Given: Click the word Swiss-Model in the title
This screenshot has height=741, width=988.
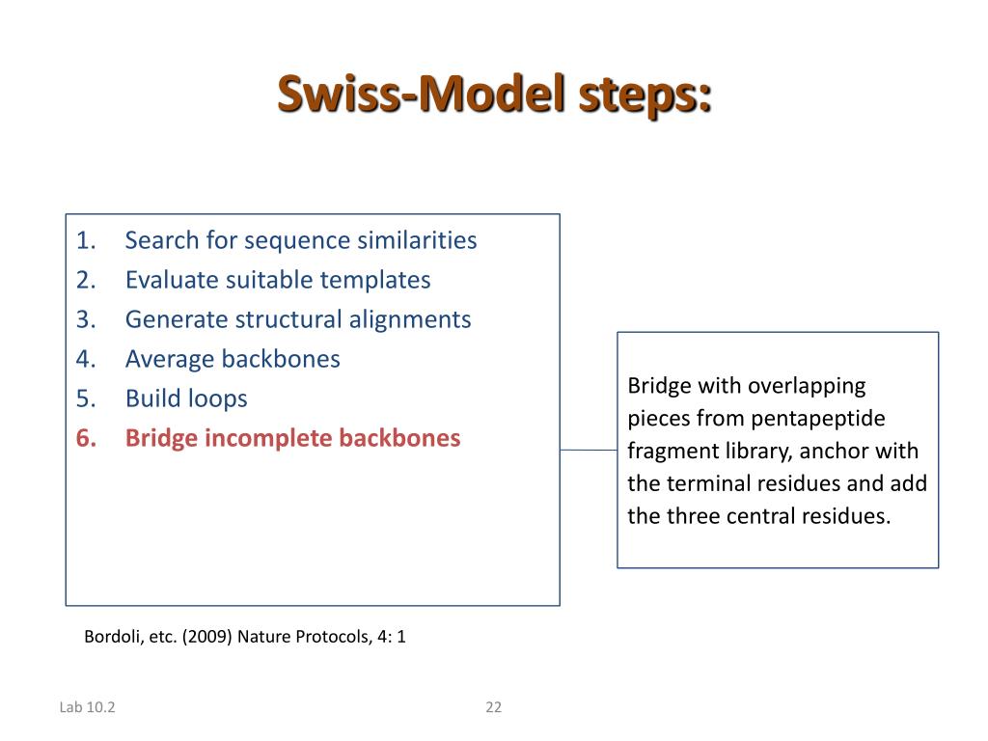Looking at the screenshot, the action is (421, 94).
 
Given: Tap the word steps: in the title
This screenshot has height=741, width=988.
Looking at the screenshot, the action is (645, 96).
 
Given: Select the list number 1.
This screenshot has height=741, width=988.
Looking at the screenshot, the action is (86, 240).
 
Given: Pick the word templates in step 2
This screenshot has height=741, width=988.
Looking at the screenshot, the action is (375, 281).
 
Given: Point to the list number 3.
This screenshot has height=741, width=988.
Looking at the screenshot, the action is (86, 319).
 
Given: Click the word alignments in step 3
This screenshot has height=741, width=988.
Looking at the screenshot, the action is (409, 320).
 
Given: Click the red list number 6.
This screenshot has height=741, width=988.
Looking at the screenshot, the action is (86, 439).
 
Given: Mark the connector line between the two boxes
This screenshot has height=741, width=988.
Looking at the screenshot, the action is (589, 450).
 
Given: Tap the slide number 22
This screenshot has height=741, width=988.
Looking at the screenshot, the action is (493, 707).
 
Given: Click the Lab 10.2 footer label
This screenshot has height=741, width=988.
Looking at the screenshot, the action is (87, 707).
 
